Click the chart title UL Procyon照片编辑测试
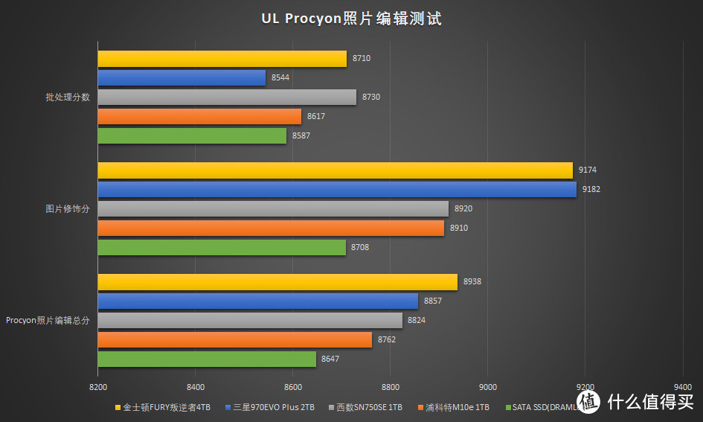tap(351, 19)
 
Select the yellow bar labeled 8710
tap(222, 59)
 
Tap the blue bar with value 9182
tap(336, 190)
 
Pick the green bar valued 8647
tap(207, 359)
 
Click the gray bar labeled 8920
tap(273, 209)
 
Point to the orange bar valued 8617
tap(199, 117)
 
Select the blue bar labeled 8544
tap(182, 78)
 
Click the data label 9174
tap(588, 170)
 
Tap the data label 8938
tap(472, 282)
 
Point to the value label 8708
tap(360, 248)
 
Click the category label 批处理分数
tap(67, 97)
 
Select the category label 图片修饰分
tap(67, 209)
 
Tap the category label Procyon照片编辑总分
tap(48, 321)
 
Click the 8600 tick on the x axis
tap(293, 387)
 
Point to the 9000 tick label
tap(487, 387)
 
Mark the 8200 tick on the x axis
tap(97, 387)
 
